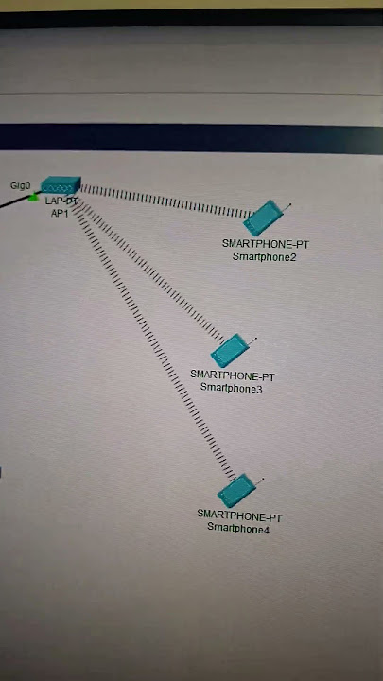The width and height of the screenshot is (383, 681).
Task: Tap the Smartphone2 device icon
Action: point(261,218)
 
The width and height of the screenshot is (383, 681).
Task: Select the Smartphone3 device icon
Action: point(228,351)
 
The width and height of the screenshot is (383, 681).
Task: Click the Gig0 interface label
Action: point(21,185)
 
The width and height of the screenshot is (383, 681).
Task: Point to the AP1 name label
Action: point(61,214)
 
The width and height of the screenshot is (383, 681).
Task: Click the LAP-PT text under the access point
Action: point(61,201)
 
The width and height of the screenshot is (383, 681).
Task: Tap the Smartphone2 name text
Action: point(264,256)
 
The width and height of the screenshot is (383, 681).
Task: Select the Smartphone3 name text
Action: point(231,388)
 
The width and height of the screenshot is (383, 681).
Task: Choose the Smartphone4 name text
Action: point(238,528)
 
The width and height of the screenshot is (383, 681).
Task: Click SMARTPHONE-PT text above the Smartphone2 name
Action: point(265,244)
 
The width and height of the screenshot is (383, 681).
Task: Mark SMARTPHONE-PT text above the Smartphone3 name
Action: point(232,375)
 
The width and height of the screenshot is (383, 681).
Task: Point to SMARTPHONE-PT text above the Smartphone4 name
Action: point(239,515)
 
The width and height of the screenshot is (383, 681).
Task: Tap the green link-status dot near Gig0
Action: point(33,199)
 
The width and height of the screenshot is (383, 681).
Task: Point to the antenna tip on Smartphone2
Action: point(290,203)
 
